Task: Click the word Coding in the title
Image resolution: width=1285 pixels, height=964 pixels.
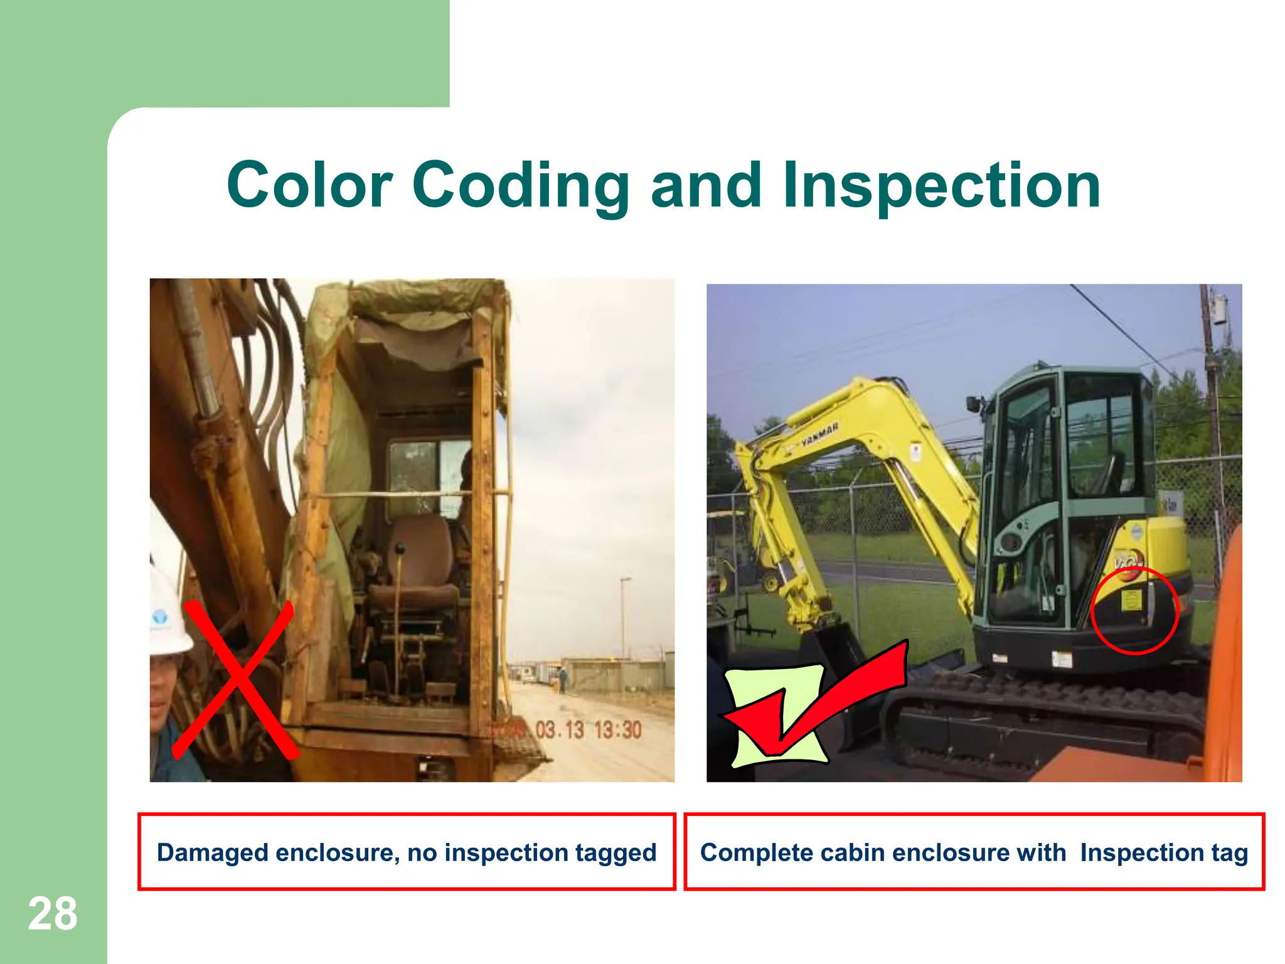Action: coord(521,185)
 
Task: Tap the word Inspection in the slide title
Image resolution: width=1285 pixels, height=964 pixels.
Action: coord(941,185)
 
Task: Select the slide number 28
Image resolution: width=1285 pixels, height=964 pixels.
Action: coord(53,914)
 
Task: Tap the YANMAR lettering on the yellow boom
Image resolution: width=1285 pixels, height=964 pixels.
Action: coord(819,436)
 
